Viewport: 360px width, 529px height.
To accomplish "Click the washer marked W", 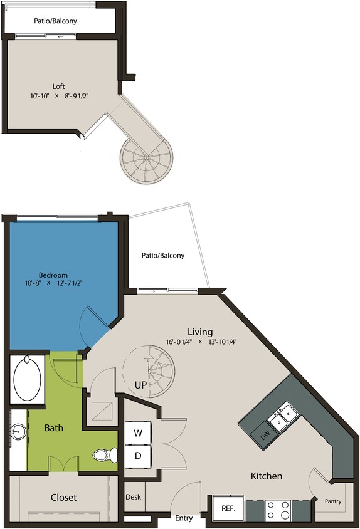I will (138, 433).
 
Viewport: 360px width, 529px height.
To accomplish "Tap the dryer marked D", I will (138, 456).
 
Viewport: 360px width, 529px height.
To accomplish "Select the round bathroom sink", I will (17, 431).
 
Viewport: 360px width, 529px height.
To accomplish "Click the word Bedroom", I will (53, 275).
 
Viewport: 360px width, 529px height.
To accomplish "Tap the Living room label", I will (200, 332).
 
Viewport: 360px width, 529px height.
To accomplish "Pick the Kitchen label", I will (267, 476).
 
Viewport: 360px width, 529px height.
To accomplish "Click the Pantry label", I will (333, 501).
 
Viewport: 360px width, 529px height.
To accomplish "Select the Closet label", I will (63, 497).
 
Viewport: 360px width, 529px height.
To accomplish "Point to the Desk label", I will (133, 497).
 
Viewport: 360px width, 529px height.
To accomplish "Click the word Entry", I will (184, 518).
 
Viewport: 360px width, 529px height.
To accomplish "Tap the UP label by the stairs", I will (140, 384).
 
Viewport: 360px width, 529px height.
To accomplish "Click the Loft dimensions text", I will (58, 97).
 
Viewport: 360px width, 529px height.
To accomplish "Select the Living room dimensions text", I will (202, 342).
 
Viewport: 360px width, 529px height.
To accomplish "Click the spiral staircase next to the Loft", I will (146, 159).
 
